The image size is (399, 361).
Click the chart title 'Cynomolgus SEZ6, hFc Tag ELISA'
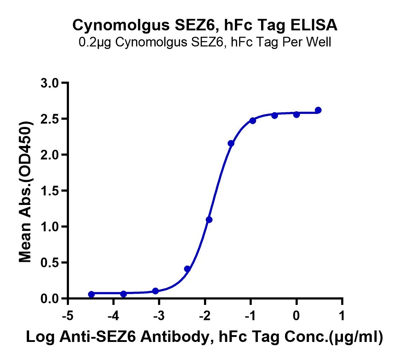click(205, 25)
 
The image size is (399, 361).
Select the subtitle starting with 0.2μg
click(205, 42)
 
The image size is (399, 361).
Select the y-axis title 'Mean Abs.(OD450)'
click(25, 191)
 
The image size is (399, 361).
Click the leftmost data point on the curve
click(91, 294)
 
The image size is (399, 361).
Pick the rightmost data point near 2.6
click(318, 110)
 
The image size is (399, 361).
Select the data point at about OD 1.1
click(209, 220)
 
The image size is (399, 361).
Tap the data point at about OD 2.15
click(231, 143)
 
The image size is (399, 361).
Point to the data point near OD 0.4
click(187, 269)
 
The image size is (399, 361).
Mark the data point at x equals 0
click(296, 114)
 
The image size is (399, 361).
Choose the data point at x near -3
click(156, 291)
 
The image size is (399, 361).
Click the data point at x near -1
click(252, 120)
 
